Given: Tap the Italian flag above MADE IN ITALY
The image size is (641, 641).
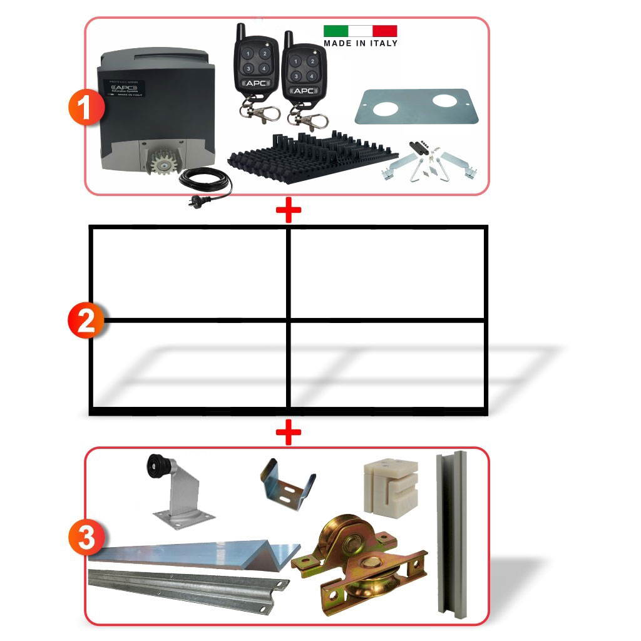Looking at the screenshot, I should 360,31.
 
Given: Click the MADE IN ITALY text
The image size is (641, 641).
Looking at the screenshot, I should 360,43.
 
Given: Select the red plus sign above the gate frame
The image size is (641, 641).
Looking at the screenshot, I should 289,211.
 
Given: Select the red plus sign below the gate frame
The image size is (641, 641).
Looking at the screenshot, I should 289,433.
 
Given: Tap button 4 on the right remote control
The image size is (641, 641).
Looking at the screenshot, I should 310,75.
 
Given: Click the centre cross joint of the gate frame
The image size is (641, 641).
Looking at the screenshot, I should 289,320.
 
